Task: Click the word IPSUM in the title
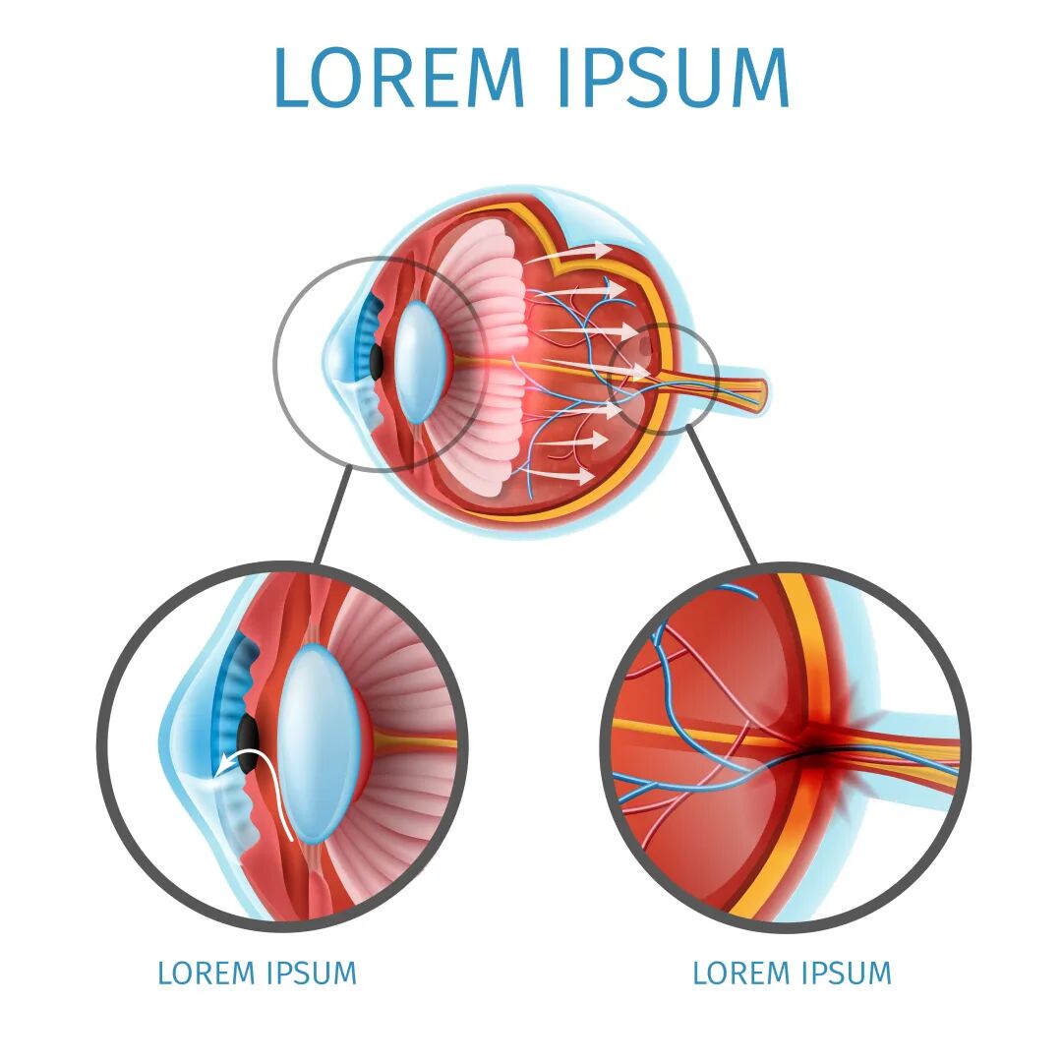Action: pos(673,78)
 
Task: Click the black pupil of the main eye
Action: pos(377,362)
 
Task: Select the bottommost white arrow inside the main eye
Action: pos(570,474)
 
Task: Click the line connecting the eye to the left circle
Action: pos(332,516)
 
